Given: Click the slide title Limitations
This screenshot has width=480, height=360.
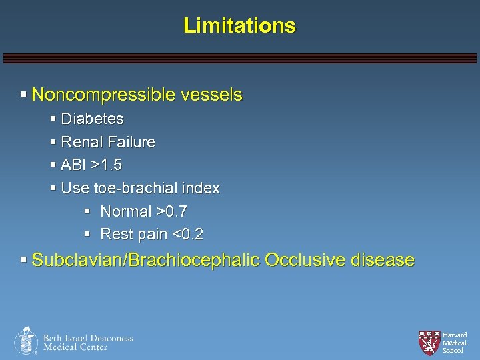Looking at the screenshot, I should [239, 26].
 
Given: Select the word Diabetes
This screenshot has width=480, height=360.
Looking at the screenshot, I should [92, 119].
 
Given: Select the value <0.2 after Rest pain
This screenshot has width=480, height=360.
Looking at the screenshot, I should [187, 235].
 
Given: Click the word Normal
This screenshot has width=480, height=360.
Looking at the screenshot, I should [126, 211].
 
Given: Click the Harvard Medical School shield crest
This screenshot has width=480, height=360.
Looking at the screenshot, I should [429, 342].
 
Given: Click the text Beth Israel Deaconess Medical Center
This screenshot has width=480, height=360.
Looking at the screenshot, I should [88, 342].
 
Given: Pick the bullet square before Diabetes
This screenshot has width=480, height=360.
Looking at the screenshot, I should [53, 119].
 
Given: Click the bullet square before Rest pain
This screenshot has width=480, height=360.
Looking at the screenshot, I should [87, 235].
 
